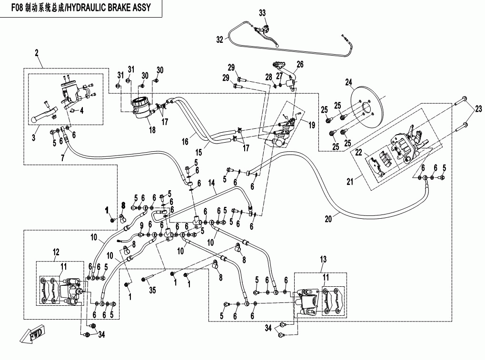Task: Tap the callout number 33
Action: (x=262, y=13)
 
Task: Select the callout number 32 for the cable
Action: (x=219, y=39)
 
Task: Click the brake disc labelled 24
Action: (x=368, y=106)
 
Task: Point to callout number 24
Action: (x=348, y=82)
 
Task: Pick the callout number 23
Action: (x=478, y=109)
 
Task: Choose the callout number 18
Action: (x=152, y=130)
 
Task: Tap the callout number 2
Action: (x=37, y=53)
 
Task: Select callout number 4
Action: (x=81, y=110)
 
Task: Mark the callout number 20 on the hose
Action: (x=328, y=219)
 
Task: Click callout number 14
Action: (x=211, y=183)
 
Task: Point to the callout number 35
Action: (x=152, y=290)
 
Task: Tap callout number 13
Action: (x=323, y=259)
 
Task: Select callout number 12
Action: (x=56, y=252)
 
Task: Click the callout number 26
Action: (x=300, y=64)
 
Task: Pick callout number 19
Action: (x=312, y=125)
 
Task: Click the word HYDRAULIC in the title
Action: (x=87, y=8)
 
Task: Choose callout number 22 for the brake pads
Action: (x=358, y=152)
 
